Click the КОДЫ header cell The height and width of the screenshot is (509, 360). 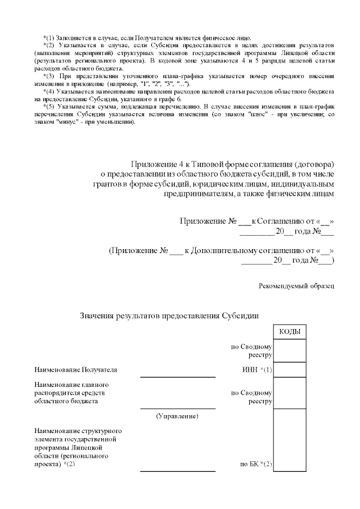click(x=289, y=332)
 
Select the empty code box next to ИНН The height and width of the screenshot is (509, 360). click(x=289, y=370)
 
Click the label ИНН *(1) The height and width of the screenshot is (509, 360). click(x=256, y=370)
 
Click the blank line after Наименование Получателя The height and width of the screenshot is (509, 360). click(x=177, y=376)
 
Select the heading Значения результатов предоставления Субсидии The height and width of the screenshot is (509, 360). click(x=169, y=316)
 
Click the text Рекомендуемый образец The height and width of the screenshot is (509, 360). click(x=296, y=286)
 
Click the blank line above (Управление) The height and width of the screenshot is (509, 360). click(x=177, y=408)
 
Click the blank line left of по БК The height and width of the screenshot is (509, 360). click(x=177, y=471)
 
